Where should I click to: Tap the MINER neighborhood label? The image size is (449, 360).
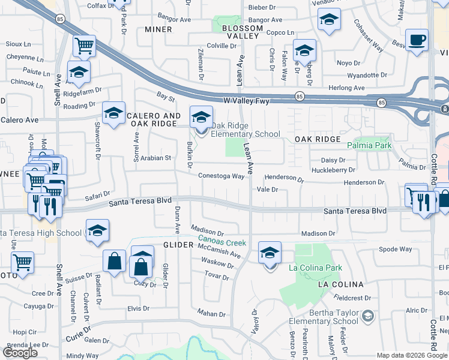158,29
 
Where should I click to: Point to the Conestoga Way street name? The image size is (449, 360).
222,176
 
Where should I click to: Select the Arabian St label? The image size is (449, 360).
156,158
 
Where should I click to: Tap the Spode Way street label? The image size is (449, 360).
396,249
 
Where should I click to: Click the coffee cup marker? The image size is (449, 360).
417,41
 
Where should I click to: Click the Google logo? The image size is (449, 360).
20,352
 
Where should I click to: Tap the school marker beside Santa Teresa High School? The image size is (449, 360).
97,231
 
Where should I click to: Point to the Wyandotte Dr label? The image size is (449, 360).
367,76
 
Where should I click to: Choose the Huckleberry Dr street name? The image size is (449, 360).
333,170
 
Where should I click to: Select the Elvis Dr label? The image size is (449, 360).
138,308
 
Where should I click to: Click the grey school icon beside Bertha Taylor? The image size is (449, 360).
367,316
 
